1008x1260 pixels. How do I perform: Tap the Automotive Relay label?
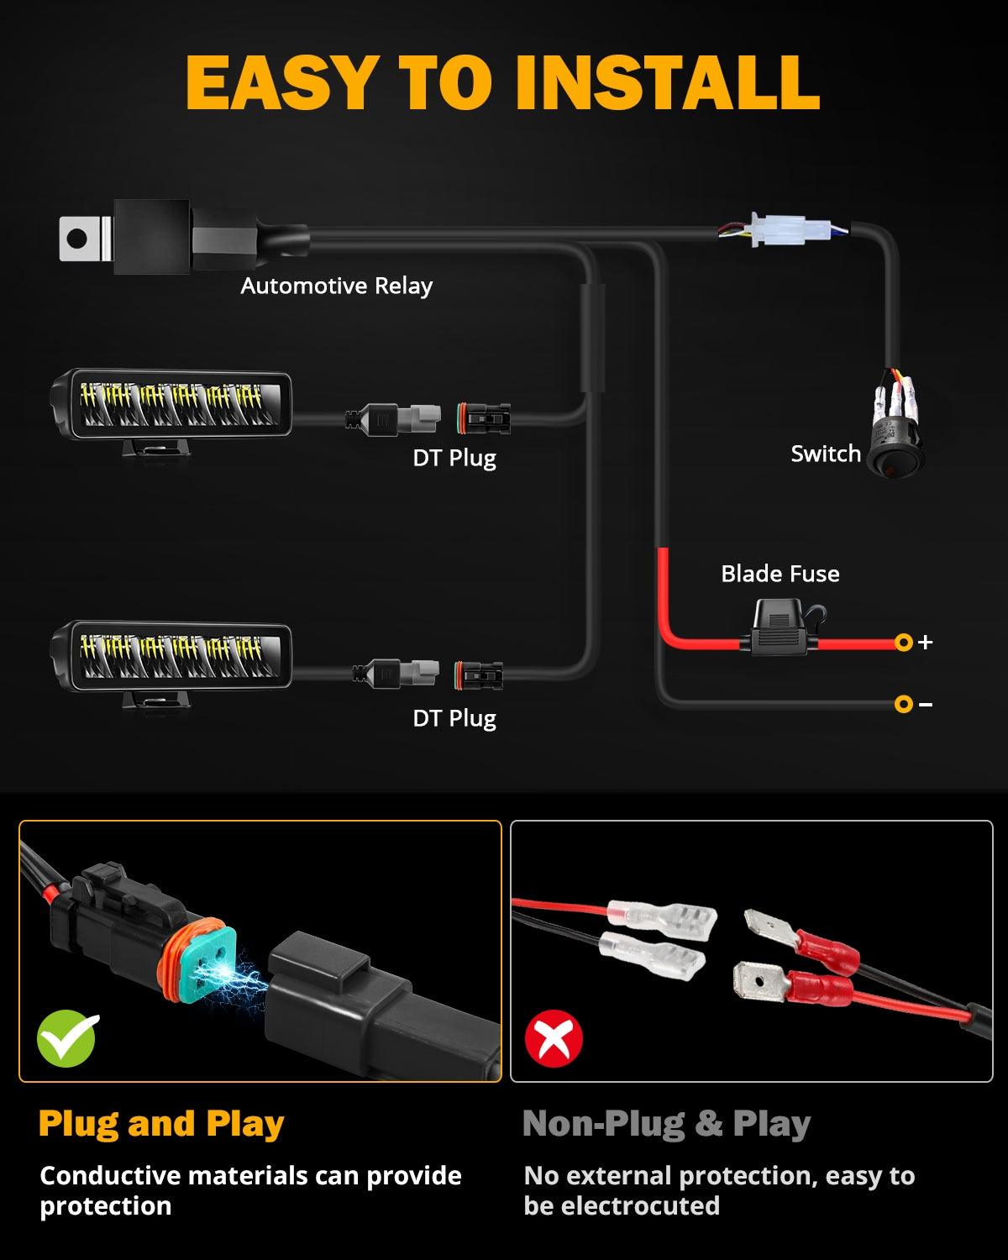[336, 286]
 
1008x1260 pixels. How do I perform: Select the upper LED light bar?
[172, 406]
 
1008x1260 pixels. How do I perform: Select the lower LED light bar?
[172, 656]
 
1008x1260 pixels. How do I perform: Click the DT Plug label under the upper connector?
[454, 458]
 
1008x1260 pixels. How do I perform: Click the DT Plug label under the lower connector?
[454, 718]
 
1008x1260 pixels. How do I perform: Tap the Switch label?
[826, 454]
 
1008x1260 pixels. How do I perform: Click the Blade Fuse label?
[780, 574]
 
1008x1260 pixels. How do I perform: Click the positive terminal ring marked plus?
[904, 643]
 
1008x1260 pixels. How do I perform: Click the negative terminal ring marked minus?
[904, 703]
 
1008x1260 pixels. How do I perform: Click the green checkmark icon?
[67, 1039]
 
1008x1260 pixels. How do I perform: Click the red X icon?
[554, 1039]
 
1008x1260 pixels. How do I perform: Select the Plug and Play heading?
[161, 1123]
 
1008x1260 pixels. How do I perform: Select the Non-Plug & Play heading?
[666, 1123]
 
